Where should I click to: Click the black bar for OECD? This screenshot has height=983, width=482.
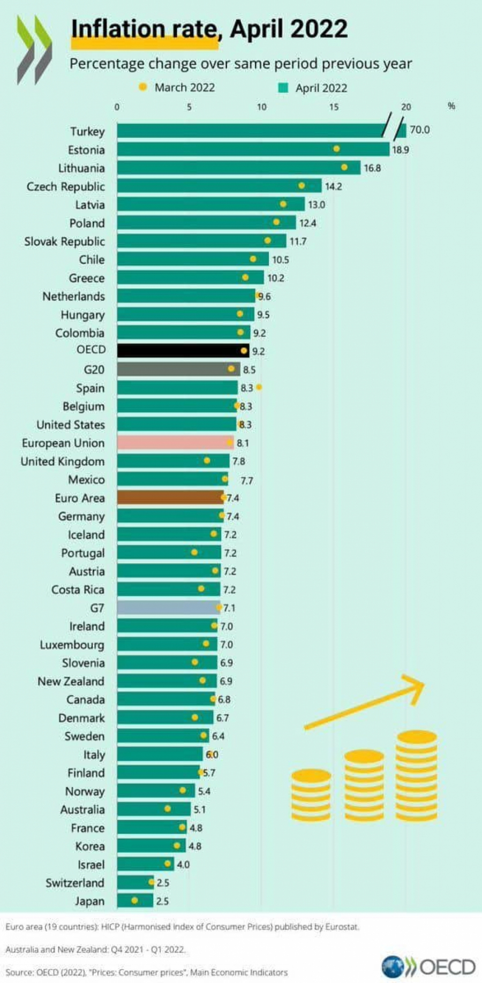(182, 351)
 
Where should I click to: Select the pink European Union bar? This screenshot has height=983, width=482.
(175, 443)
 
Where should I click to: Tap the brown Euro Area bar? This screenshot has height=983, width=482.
(170, 498)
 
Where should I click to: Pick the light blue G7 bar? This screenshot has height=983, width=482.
(167, 608)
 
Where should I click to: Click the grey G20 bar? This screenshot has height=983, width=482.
(178, 369)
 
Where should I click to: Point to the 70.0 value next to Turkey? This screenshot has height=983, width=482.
(419, 130)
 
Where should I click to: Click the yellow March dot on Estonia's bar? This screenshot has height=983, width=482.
(336, 149)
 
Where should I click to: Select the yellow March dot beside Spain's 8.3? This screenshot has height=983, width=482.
(259, 387)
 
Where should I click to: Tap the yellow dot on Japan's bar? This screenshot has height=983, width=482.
(134, 901)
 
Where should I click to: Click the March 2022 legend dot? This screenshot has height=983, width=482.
(142, 87)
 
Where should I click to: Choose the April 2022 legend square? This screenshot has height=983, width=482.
(283, 88)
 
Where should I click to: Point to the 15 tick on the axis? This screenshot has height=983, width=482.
(334, 107)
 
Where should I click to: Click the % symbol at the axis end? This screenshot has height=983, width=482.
(451, 106)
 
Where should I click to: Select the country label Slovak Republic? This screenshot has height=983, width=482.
(64, 241)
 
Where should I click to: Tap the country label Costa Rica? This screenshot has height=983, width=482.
(78, 590)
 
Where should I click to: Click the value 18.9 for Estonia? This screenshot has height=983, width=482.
(400, 150)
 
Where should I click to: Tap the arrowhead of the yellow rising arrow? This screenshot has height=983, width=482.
(416, 685)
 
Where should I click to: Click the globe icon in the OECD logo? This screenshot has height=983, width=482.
(392, 966)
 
